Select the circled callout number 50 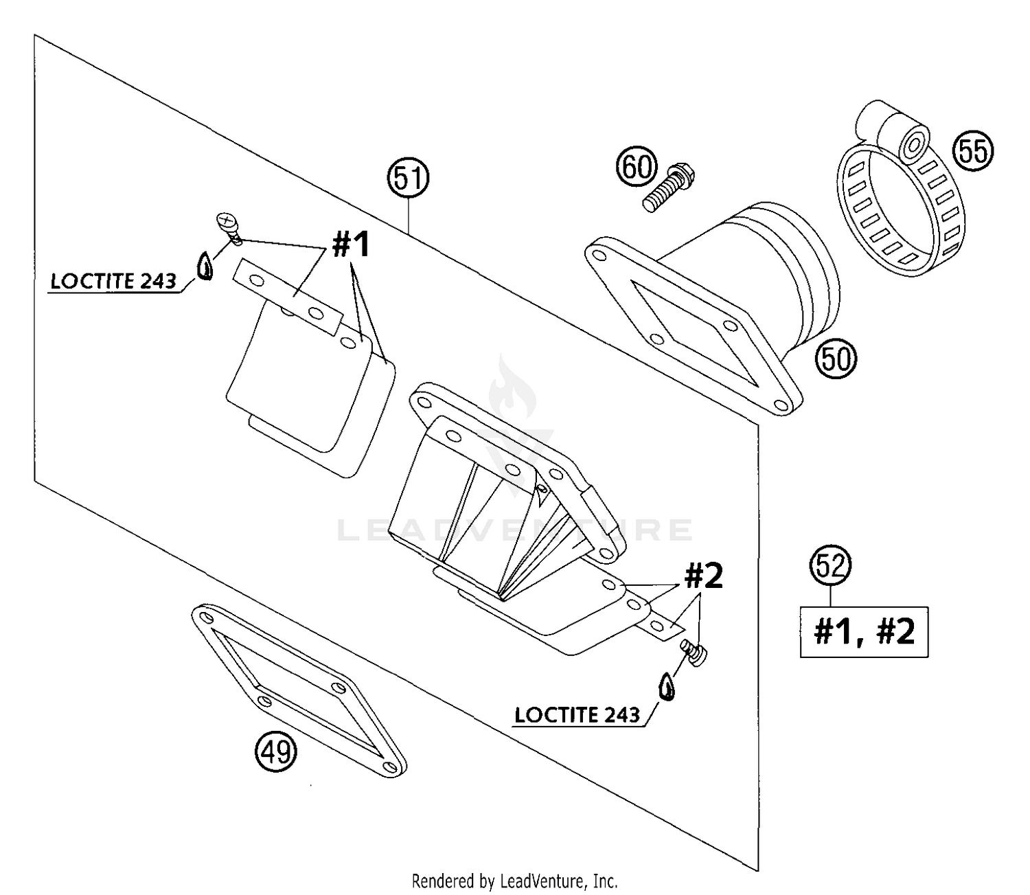pos(836,357)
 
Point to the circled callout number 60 pos(637,166)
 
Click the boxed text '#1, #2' pos(864,631)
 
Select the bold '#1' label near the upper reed pos(352,245)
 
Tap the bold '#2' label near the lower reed pos(702,576)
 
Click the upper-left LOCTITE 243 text pos(113,282)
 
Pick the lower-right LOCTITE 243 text pos(577,715)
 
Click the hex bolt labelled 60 pos(667,186)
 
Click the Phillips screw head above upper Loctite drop pos(226,220)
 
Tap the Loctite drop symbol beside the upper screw pos(205,266)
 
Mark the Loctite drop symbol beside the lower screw pos(667,686)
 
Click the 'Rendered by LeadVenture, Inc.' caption pos(514,880)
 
